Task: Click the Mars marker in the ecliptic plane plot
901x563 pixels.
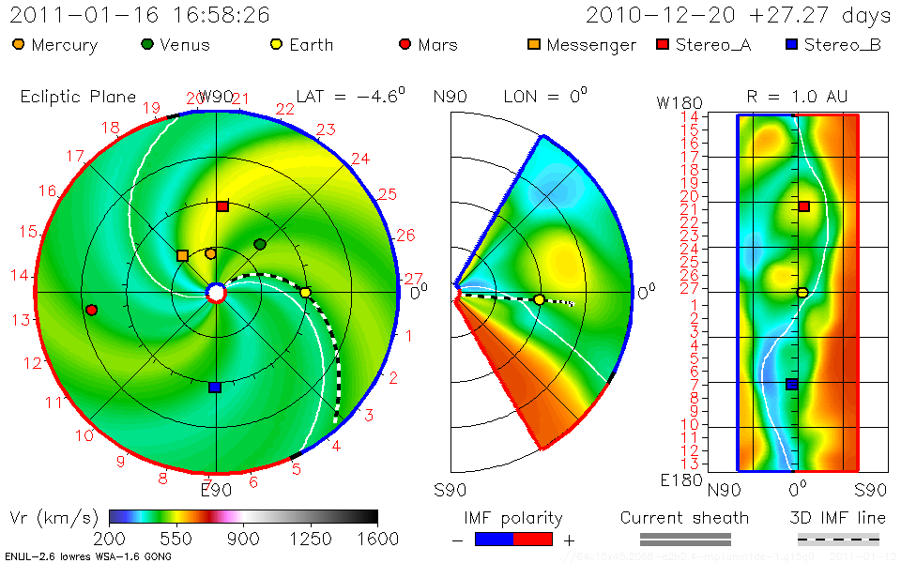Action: (x=91, y=310)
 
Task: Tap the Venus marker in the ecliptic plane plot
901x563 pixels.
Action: (x=260, y=245)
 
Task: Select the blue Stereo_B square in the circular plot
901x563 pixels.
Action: (x=214, y=387)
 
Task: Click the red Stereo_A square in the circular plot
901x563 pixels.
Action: (x=222, y=206)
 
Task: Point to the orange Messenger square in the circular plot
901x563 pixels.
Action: (x=182, y=255)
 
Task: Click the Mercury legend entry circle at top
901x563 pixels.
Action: (x=18, y=44)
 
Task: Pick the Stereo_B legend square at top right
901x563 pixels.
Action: (x=791, y=44)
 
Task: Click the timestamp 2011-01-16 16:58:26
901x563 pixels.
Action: (x=140, y=15)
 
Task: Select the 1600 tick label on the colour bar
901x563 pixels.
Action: (x=375, y=539)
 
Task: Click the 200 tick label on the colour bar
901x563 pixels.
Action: (x=111, y=539)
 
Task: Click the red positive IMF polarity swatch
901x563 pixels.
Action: (x=533, y=539)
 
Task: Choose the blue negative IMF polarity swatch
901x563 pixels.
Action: (x=494, y=539)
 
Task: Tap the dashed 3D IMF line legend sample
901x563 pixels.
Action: (x=838, y=539)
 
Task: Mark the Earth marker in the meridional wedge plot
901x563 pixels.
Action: (x=539, y=300)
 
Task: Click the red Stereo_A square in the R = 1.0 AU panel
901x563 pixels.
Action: (x=803, y=206)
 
